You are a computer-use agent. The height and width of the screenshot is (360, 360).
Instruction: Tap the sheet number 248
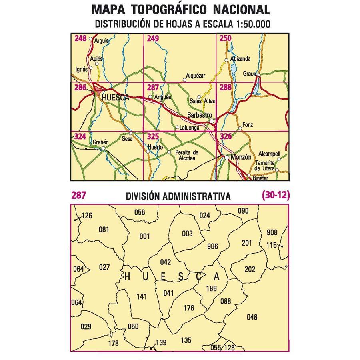80,39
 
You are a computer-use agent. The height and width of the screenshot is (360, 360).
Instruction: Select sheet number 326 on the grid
226,137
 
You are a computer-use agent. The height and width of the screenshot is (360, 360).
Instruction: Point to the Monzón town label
241,158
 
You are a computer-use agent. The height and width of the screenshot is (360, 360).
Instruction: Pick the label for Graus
250,74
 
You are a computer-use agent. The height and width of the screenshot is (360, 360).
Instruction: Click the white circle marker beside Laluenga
177,128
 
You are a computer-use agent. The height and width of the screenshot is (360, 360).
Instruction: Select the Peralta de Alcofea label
186,155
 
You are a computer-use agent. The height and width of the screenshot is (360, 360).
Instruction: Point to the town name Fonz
248,125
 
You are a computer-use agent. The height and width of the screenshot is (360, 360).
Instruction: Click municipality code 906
213,246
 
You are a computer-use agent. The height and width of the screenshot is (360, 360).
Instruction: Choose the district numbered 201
247,243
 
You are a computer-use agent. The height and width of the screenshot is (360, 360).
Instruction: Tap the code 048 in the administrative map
252,318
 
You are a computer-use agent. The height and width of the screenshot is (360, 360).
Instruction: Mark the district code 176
188,308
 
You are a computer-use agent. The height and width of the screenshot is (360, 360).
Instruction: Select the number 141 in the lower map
142,297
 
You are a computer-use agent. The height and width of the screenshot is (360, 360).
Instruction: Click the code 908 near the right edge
272,232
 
